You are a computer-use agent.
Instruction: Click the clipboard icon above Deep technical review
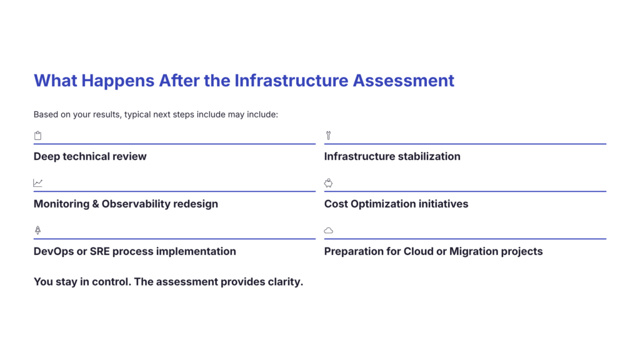[x=37, y=136]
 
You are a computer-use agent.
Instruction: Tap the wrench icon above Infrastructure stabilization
[x=328, y=136]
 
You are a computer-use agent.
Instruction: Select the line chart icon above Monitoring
[x=38, y=183]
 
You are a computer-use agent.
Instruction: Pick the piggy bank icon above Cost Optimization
[x=329, y=183]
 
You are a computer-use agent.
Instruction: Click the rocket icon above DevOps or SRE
[x=37, y=231]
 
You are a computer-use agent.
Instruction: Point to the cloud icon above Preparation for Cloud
[x=329, y=231]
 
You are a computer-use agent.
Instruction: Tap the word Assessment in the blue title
[x=403, y=81]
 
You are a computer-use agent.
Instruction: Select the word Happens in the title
[x=118, y=81]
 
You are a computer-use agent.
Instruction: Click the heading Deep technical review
[x=90, y=156]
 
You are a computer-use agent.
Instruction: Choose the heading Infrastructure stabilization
[x=392, y=156]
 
